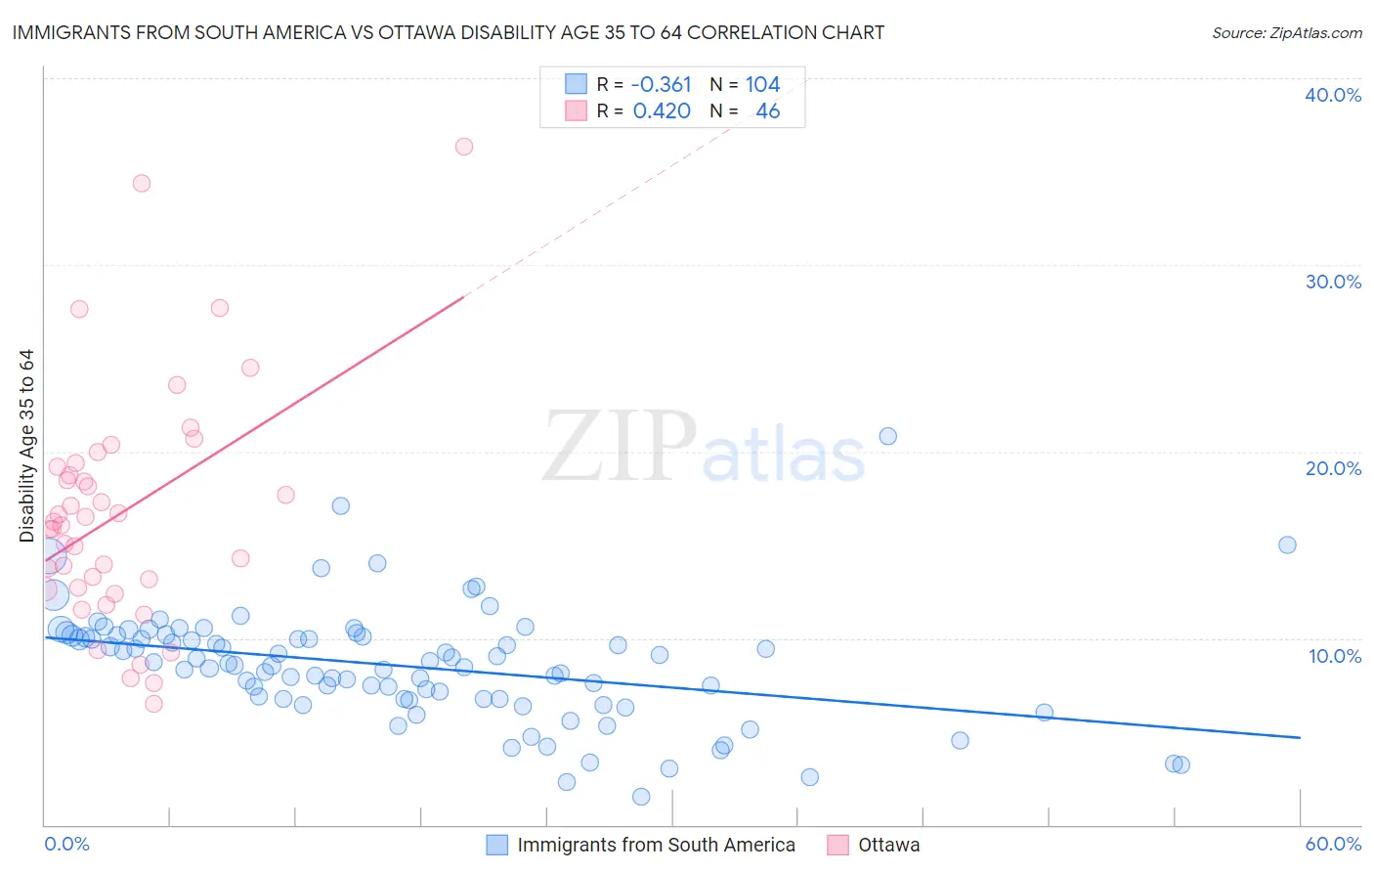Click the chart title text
pos(449,32)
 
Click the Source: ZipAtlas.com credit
pos(1286,33)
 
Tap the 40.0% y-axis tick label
pos(1333,95)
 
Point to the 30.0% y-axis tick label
pos(1333,282)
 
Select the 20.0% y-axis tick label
pos(1333,468)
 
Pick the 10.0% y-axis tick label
pos(1335,656)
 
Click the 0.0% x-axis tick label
pos(66,844)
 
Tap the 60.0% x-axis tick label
pos(1333,844)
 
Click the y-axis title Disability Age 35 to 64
pos(26,446)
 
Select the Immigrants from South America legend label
pos(656,845)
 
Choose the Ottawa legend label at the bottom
pos(888,845)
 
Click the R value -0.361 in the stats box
pos(661,85)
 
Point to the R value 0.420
pos(662,111)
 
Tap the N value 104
pos(762,85)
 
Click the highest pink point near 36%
pos(464,147)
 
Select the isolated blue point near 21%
pos(887,436)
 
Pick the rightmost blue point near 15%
pos(1287,545)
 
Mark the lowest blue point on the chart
pos(641,797)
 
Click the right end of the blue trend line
pos(1300,737)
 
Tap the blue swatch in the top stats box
pos(577,85)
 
